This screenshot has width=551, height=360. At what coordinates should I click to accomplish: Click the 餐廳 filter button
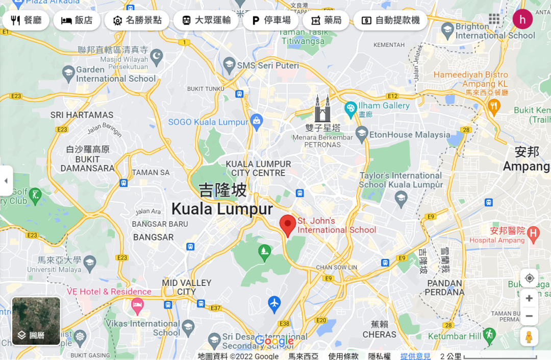coord(26,20)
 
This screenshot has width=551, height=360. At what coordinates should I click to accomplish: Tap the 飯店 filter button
coord(77,20)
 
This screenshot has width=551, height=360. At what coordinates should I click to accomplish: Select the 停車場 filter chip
coord(271,20)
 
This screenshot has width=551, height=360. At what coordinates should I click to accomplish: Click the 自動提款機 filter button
coord(390,20)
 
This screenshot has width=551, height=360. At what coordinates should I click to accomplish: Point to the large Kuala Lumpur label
coord(222,209)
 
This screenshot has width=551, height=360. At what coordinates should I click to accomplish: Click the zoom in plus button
coord(529,298)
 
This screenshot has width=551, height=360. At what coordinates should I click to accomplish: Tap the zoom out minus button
coord(529,316)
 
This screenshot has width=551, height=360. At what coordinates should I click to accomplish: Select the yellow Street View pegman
coord(529,337)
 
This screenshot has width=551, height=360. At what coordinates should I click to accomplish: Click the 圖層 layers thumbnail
coord(36,321)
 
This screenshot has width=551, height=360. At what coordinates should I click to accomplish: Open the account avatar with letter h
coord(522,19)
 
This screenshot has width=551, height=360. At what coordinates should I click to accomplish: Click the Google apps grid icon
coord(494,19)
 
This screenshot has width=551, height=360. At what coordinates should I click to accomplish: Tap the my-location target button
coord(529,278)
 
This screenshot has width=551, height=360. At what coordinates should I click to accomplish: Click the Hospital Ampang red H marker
coord(534,234)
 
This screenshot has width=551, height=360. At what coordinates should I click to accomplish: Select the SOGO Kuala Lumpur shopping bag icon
coord(257,121)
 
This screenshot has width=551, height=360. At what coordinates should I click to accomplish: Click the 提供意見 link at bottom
coord(415,356)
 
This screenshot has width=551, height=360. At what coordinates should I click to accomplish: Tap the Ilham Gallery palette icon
coord(350,108)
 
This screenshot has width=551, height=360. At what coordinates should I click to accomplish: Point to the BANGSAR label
coord(154,237)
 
